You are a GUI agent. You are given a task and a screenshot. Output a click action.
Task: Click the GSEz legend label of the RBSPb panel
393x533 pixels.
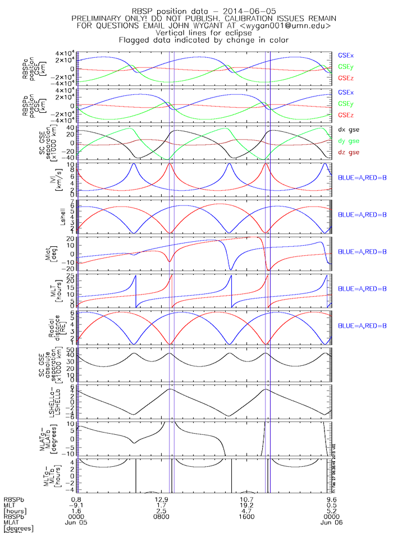[345, 115]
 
